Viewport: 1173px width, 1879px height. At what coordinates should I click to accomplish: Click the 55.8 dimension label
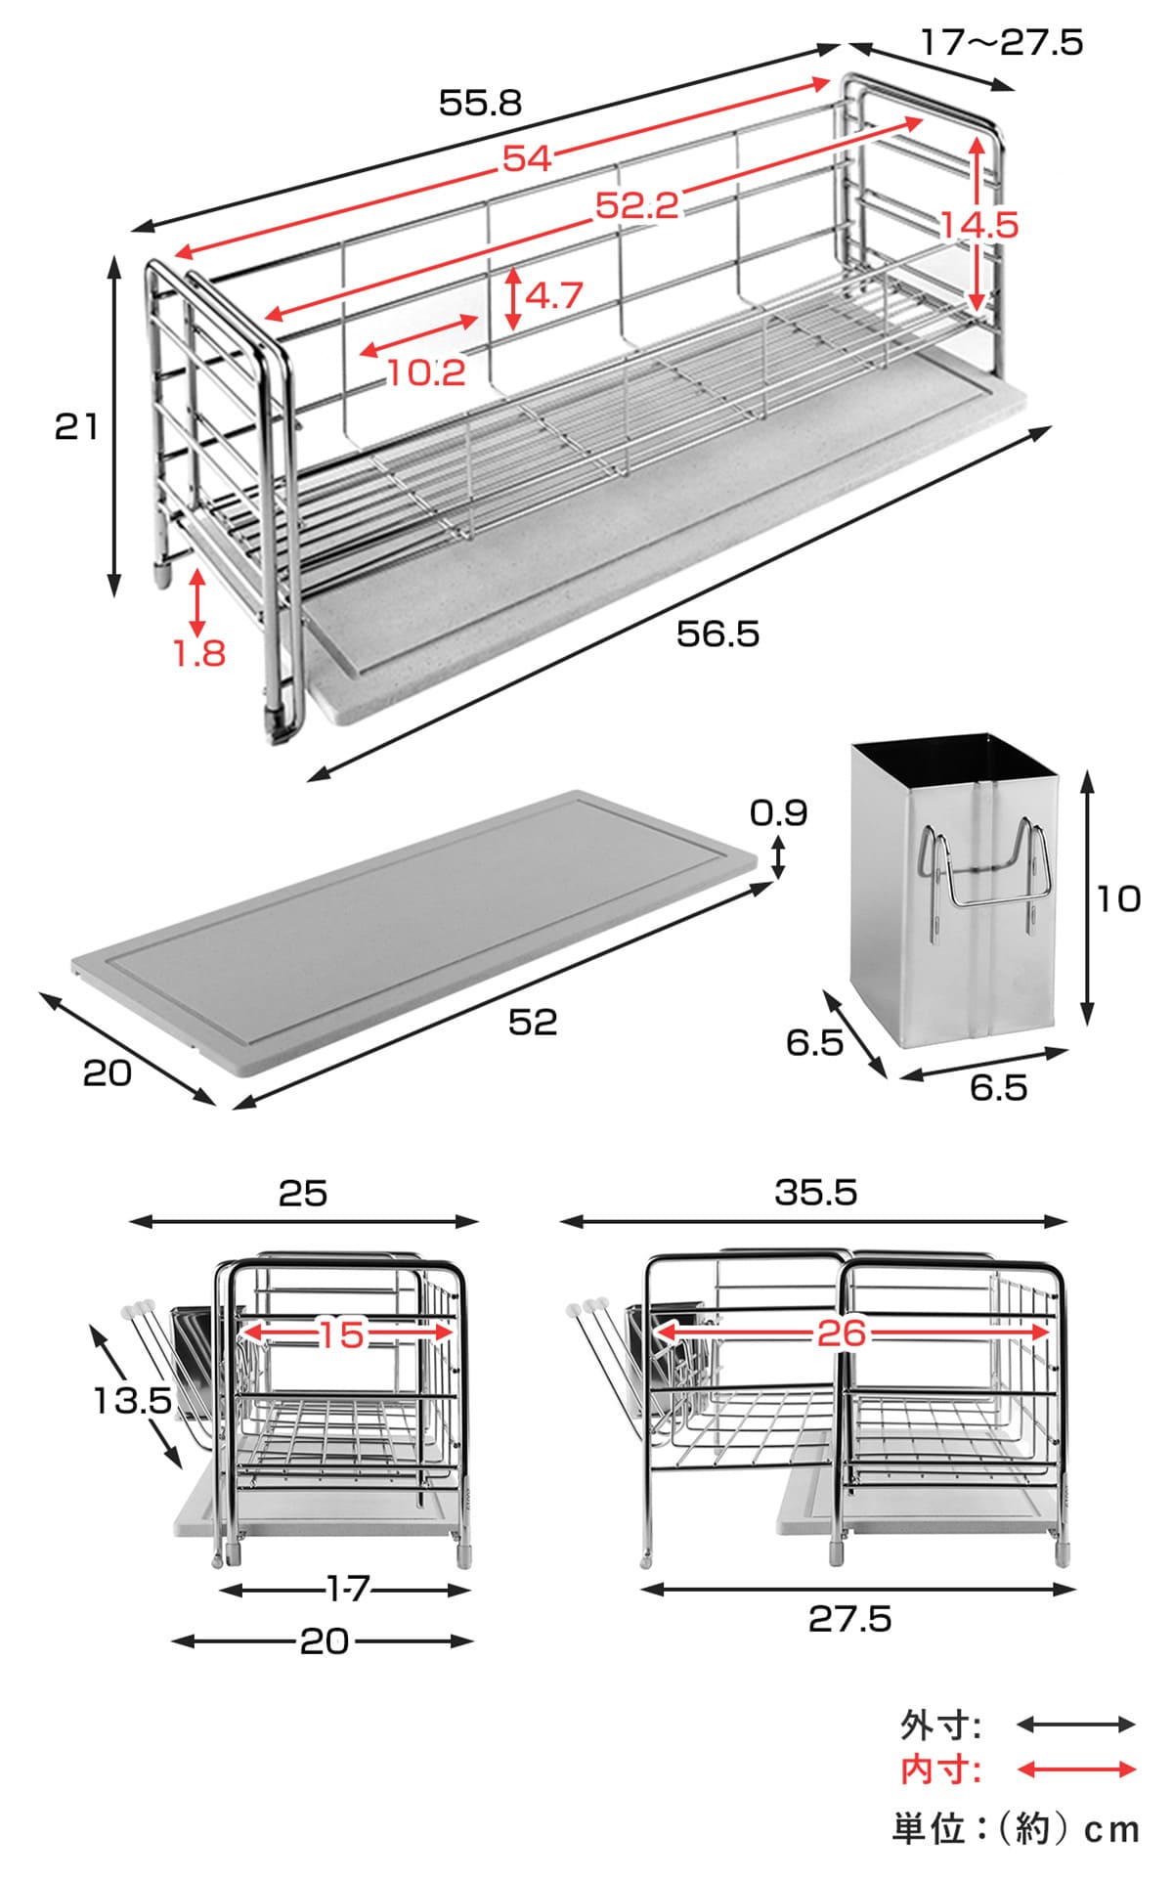[x=481, y=103]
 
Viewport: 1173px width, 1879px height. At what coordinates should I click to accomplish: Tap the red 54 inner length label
[x=528, y=158]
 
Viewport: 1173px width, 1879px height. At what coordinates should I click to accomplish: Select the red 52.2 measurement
[x=637, y=205]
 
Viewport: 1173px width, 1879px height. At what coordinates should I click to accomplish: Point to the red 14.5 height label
[x=979, y=226]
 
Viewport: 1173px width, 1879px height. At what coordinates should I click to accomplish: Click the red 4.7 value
[x=554, y=294]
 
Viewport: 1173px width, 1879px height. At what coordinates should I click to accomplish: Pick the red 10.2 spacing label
[x=426, y=371]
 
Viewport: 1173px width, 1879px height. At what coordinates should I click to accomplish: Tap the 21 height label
[x=76, y=427]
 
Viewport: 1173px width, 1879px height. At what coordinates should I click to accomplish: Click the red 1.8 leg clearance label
[x=199, y=653]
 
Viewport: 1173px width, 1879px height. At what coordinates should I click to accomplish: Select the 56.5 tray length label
[x=717, y=634]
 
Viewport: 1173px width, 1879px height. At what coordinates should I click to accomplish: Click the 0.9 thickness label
[x=779, y=812]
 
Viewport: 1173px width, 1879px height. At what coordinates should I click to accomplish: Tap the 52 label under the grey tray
[x=533, y=1022]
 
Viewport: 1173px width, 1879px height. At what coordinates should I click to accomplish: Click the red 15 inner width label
[x=342, y=1333]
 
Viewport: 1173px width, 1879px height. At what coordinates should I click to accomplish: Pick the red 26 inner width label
[x=842, y=1333]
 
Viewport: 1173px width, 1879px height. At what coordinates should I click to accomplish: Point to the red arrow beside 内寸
[x=1076, y=1769]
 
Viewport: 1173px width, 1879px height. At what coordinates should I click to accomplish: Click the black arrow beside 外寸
[x=1076, y=1725]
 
